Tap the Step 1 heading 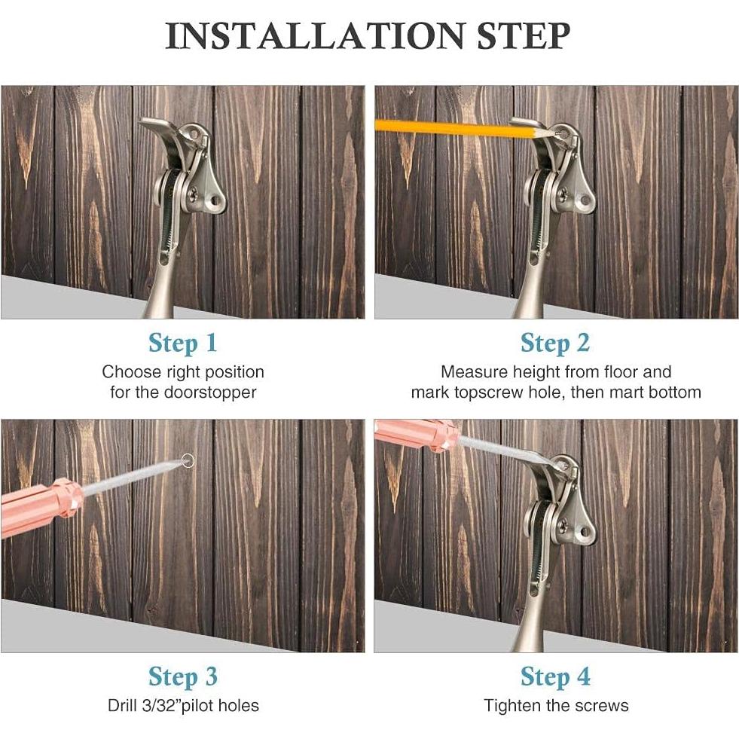(x=182, y=343)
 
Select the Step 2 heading (x=555, y=343)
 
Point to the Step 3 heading (x=182, y=676)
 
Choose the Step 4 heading (x=555, y=676)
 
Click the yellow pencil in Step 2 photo (x=452, y=128)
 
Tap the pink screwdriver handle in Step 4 (x=414, y=434)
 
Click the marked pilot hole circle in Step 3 (x=188, y=460)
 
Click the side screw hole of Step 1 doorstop (x=217, y=200)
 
